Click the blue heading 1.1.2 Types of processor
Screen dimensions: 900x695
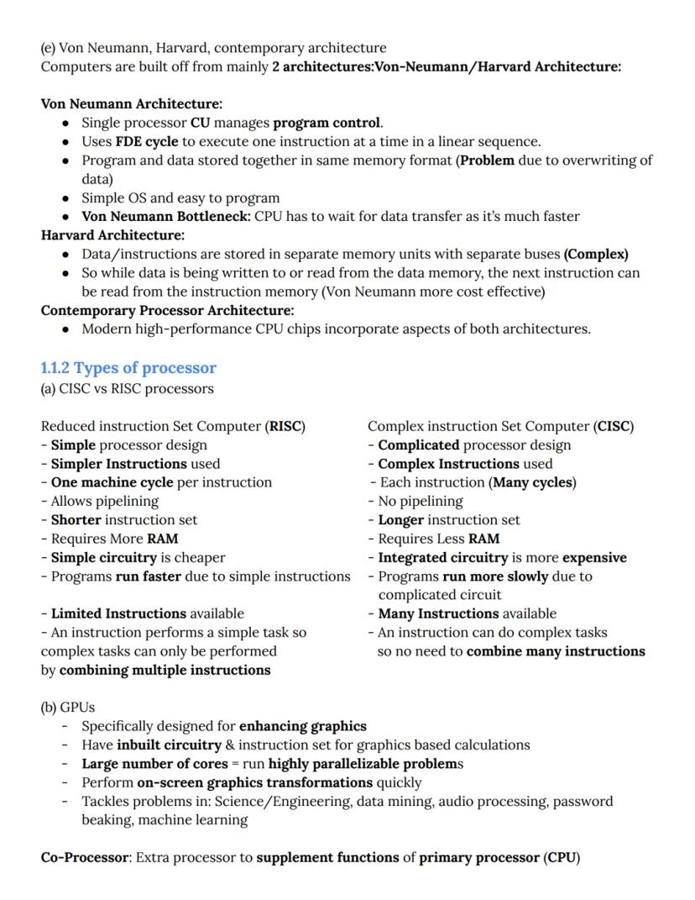pyautogui.click(x=128, y=368)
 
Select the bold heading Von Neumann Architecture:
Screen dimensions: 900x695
pyautogui.click(x=132, y=104)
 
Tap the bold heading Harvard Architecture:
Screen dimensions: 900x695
pyautogui.click(x=112, y=235)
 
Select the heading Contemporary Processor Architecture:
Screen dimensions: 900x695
pyautogui.click(x=167, y=310)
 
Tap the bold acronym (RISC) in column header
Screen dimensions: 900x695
pyautogui.click(x=285, y=426)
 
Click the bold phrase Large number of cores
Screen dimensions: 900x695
pyautogui.click(x=154, y=764)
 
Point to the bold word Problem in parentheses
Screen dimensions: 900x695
pyautogui.click(x=487, y=161)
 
